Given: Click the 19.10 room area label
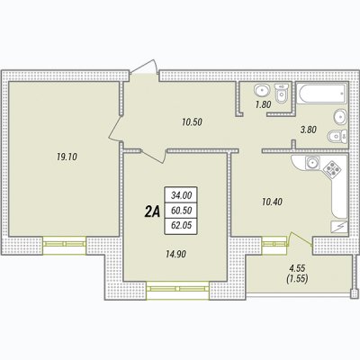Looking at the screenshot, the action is pyautogui.click(x=67, y=157).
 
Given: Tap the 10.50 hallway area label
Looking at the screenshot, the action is pyautogui.click(x=192, y=122).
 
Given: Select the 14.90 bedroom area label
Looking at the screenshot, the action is pyautogui.click(x=175, y=254).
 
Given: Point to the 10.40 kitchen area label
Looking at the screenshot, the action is pyautogui.click(x=272, y=202).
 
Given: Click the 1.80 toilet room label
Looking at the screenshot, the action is pyautogui.click(x=263, y=104).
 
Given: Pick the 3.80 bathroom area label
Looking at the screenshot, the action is pyautogui.click(x=309, y=130).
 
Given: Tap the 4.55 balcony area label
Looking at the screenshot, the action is pyautogui.click(x=297, y=267).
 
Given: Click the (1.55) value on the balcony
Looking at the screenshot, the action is pyautogui.click(x=297, y=279).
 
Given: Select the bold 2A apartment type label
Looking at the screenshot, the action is pyautogui.click(x=151, y=211).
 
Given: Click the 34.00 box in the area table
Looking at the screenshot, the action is pyautogui.click(x=181, y=195).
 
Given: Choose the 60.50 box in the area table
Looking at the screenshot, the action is pyautogui.click(x=181, y=211).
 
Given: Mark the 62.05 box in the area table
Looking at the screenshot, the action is pyautogui.click(x=181, y=226).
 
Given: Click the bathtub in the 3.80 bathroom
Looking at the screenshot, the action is pyautogui.click(x=321, y=94).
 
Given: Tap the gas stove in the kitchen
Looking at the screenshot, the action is pyautogui.click(x=333, y=170).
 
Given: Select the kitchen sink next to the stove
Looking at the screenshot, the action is pyautogui.click(x=312, y=163).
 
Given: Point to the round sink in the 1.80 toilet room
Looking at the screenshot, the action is pyautogui.click(x=262, y=90).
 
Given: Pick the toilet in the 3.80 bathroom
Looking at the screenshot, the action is pyautogui.click(x=337, y=136).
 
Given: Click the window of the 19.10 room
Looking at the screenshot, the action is pyautogui.click(x=64, y=244).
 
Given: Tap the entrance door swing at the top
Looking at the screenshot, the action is pyautogui.click(x=144, y=67).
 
